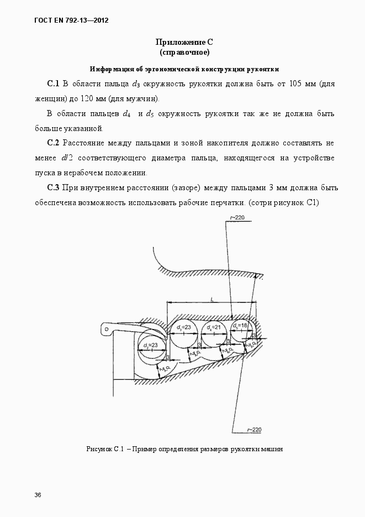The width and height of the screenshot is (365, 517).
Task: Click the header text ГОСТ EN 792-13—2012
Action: (x=71, y=20)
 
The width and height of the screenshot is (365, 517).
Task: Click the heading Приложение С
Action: (x=184, y=42)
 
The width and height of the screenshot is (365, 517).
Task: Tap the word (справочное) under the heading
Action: (x=184, y=53)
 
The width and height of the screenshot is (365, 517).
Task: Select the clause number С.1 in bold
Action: (x=53, y=84)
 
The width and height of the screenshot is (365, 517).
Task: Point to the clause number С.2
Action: (x=53, y=143)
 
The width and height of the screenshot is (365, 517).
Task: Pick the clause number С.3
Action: (x=53, y=188)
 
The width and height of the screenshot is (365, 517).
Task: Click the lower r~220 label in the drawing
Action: (x=253, y=429)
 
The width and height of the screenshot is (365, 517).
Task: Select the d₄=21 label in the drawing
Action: (x=214, y=328)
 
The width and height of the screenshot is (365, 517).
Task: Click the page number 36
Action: (x=38, y=494)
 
